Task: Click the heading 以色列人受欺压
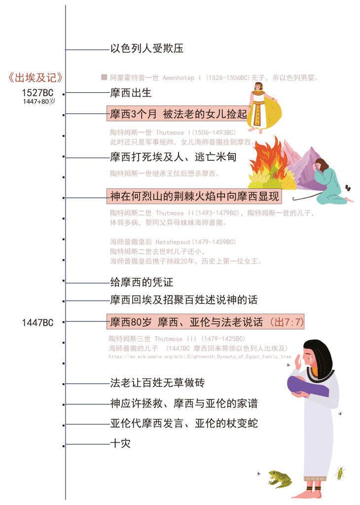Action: click(x=146, y=48)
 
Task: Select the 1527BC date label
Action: click(x=37, y=93)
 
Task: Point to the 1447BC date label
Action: click(x=37, y=323)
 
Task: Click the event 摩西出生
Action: click(x=130, y=93)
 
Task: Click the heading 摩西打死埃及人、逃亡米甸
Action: click(x=173, y=157)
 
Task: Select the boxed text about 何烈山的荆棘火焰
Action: click(x=194, y=197)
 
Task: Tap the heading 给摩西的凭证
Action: click(x=141, y=283)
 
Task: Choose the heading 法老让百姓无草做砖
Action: click(x=157, y=383)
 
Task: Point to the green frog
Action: click(x=280, y=478)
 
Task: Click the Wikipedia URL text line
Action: click(x=200, y=356)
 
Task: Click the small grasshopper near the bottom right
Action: click(x=340, y=472)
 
